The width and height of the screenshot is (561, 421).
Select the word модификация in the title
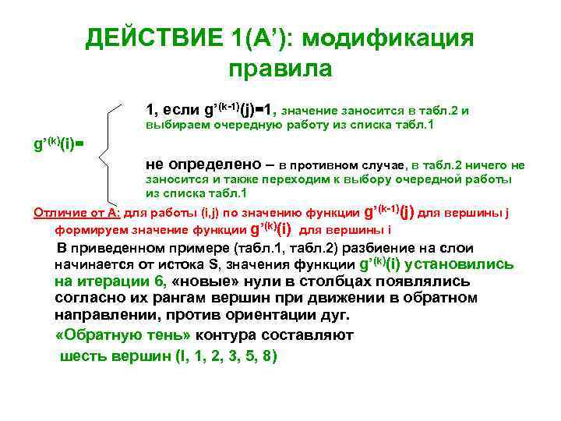[398, 37]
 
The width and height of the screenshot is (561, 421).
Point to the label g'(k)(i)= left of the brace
[58, 144]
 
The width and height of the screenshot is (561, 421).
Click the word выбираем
[177, 126]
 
